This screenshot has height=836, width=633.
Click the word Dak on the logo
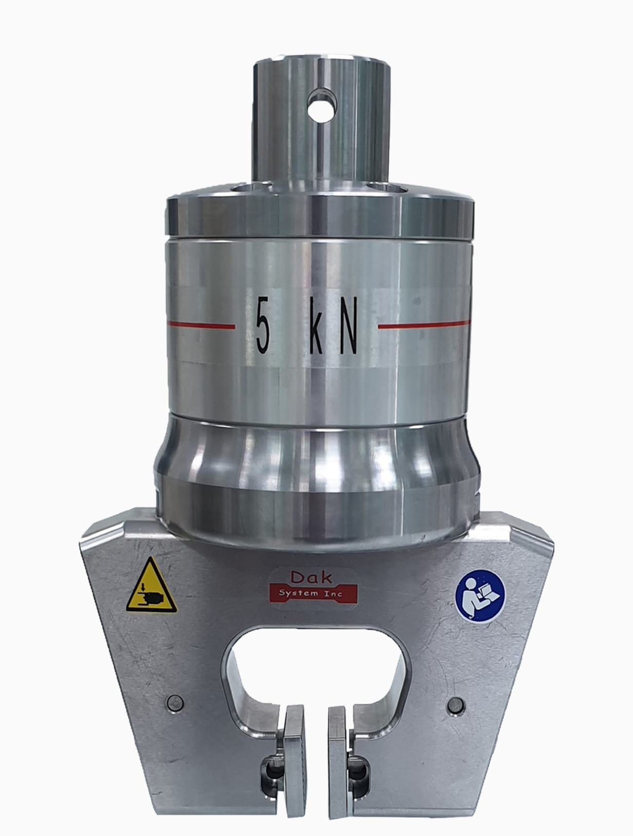(x=311, y=578)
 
